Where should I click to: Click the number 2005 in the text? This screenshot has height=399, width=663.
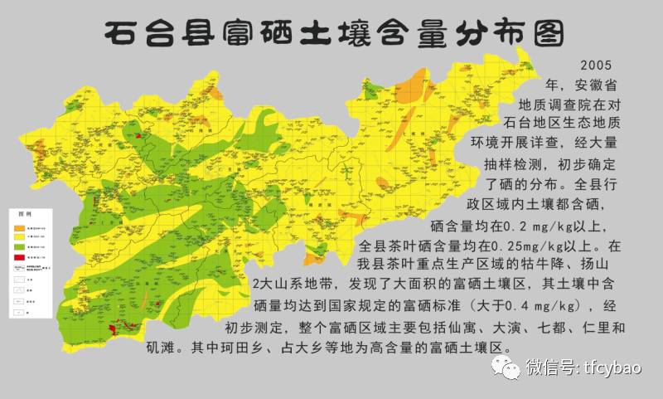tap(597, 66)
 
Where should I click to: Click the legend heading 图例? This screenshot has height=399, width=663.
tap(26, 215)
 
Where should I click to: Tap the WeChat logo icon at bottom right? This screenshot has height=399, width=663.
tap(503, 367)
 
